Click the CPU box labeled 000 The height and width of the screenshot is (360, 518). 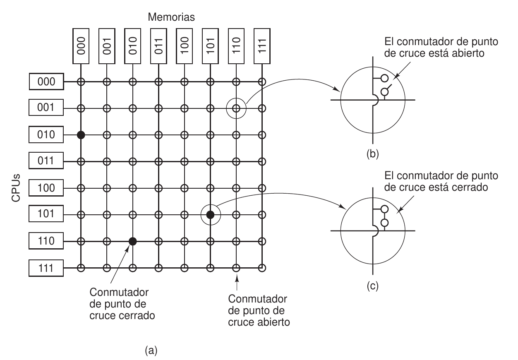(46, 82)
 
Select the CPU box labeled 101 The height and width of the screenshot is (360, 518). (46, 215)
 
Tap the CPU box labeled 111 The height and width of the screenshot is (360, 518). (46, 268)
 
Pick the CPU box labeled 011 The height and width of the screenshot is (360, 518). (46, 162)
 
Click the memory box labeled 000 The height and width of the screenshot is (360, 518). (81, 45)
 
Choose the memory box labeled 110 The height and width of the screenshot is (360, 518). (236, 45)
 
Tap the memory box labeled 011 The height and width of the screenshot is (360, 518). (158, 45)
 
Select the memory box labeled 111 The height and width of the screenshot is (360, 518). (261, 45)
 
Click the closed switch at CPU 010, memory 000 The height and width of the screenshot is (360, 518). (81, 135)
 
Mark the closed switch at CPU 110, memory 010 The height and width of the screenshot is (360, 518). (132, 241)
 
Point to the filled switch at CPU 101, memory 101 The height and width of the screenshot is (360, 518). (210, 215)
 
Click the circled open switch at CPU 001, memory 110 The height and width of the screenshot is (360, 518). (236, 108)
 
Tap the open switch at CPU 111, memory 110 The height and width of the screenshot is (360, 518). (236, 268)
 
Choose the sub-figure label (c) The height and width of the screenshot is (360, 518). (373, 286)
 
